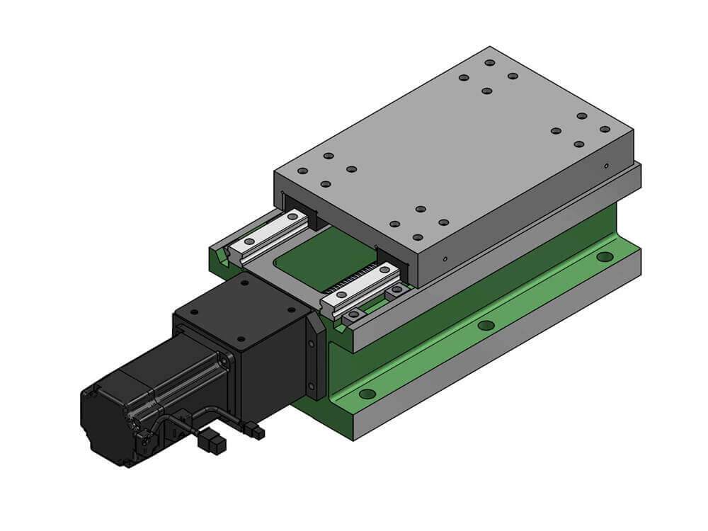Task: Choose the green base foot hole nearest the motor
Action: tap(367, 394)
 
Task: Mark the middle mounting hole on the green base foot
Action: tap(486, 325)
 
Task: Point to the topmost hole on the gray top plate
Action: tap(489, 62)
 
